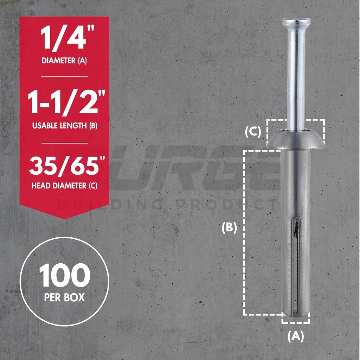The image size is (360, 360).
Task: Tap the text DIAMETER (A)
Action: [x=64, y=60]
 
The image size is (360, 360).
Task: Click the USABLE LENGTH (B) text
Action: [x=64, y=126]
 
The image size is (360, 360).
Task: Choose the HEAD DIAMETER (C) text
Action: [x=64, y=186]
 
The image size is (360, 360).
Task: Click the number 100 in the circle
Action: [x=64, y=276]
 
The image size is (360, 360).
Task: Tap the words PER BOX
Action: [x=64, y=297]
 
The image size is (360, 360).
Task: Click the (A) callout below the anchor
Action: [x=295, y=336]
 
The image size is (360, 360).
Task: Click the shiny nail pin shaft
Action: [x=296, y=77]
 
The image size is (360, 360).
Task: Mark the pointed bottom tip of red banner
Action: [x=64, y=218]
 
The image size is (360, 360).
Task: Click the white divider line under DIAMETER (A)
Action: [x=64, y=76]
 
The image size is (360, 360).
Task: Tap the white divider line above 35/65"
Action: [x=64, y=143]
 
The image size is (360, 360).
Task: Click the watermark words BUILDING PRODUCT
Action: [x=165, y=204]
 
